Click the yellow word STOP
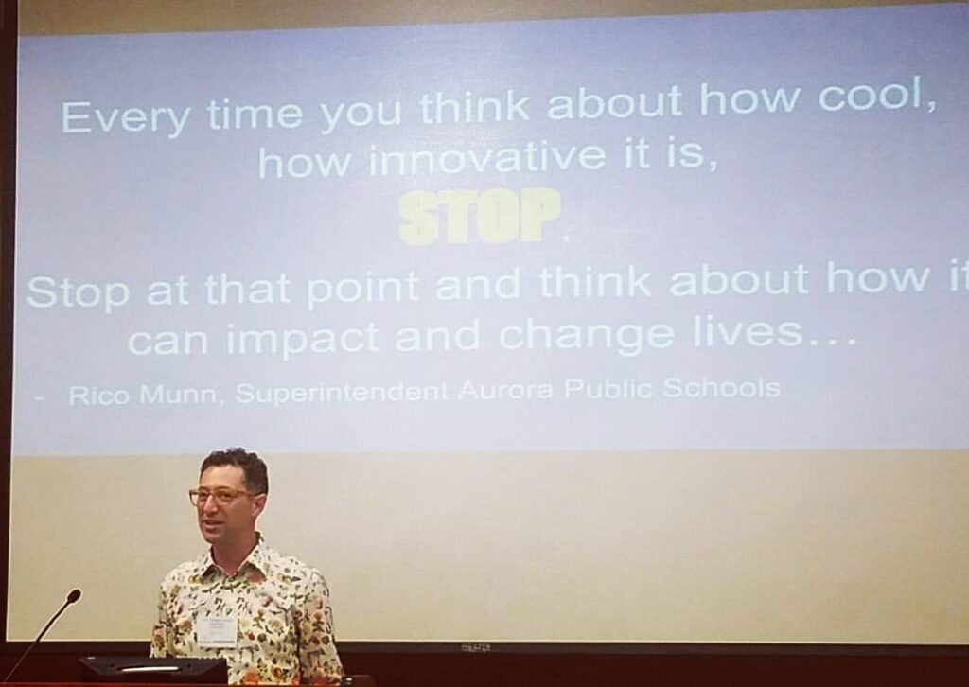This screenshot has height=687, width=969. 480,217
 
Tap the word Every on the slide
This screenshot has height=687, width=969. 126,116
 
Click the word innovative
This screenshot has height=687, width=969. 488,156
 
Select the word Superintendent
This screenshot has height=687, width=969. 342,392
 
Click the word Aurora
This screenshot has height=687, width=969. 505,391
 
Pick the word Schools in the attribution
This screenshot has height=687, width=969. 721,388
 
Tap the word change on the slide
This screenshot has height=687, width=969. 586,336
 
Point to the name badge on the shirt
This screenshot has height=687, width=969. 217,631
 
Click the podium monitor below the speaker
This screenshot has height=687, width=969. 153,671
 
